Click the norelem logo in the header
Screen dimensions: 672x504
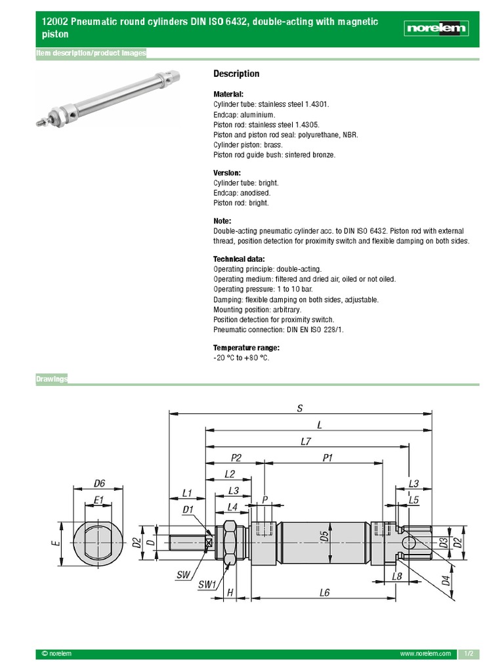[x=436, y=28]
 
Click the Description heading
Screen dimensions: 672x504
[x=236, y=73]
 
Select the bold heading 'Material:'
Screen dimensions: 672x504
[x=228, y=94]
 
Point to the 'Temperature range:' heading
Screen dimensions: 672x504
[x=246, y=347]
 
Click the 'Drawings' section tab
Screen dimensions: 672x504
[x=52, y=379]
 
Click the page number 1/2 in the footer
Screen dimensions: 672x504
[x=469, y=654]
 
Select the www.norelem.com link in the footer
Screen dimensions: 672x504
[x=425, y=654]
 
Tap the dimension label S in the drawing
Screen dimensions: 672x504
[x=300, y=408]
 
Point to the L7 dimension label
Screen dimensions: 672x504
[x=306, y=442]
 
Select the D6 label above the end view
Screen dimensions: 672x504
[x=99, y=483]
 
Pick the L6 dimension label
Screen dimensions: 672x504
[x=324, y=593]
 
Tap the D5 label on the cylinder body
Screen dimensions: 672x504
[x=324, y=537]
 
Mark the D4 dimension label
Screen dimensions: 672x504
[x=446, y=581]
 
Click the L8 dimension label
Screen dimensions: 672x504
[x=396, y=576]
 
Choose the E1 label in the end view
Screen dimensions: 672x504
[x=98, y=500]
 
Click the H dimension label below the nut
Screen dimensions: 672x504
[x=230, y=593]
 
